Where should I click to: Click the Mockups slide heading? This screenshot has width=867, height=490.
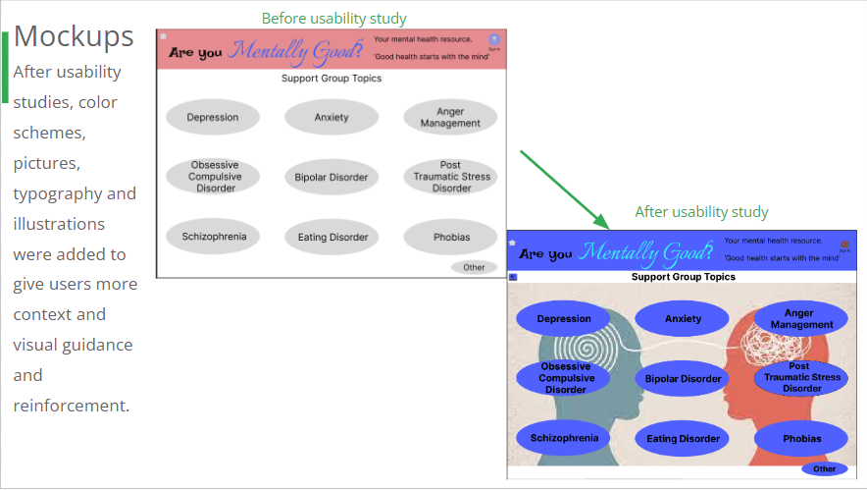click(74, 36)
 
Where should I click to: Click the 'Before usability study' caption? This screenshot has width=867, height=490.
click(333, 19)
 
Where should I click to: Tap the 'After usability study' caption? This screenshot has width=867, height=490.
click(701, 212)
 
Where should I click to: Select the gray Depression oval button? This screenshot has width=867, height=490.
click(213, 118)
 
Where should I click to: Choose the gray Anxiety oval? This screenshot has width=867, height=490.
click(331, 118)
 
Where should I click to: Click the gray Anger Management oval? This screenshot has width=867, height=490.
click(450, 118)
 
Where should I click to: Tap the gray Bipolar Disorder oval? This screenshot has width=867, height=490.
click(331, 178)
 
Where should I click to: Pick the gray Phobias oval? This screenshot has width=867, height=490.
click(451, 238)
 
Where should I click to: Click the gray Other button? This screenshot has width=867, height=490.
click(474, 267)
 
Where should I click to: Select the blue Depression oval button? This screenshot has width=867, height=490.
click(564, 318)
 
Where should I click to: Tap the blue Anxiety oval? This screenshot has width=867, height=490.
click(683, 318)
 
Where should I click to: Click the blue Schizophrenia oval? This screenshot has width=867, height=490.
click(564, 439)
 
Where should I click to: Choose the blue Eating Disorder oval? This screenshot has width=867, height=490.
click(684, 439)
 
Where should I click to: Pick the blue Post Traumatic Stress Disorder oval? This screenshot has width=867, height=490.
click(801, 378)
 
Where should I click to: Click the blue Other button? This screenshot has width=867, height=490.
click(824, 469)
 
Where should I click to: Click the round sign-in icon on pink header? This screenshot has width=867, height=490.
click(493, 40)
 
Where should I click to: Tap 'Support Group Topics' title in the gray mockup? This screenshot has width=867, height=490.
click(331, 79)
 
